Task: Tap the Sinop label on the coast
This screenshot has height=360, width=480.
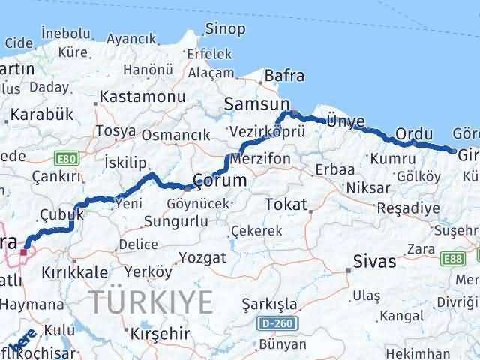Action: [225, 29]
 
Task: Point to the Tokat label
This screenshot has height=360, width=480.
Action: [286, 204]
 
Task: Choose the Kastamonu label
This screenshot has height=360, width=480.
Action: [142, 97]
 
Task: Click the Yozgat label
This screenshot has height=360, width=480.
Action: [199, 257]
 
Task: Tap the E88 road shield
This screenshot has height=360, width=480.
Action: [453, 257]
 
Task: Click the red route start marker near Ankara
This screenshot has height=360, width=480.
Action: [24, 251]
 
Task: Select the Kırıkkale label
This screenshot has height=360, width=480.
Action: [75, 272]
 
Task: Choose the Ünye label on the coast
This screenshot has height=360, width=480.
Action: [346, 121]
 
